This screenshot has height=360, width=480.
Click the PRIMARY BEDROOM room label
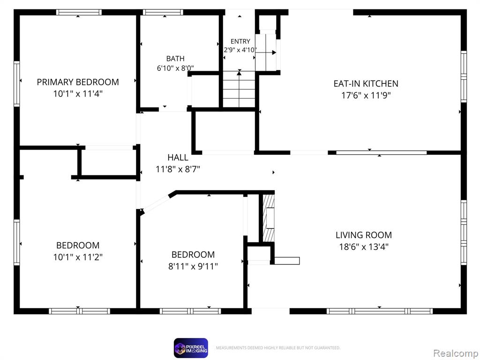pos(78,82)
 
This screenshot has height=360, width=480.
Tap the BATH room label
pos(175,59)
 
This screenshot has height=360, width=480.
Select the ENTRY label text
pos(240,41)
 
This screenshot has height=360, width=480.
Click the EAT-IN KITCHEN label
pos(366,83)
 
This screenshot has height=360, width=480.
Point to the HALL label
pos(178,157)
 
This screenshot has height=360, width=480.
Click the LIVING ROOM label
pos(364,235)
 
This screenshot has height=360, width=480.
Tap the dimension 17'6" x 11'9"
pos(366,95)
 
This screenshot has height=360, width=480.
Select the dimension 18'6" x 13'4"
pos(364,247)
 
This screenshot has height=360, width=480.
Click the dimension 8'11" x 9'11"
pos(193,266)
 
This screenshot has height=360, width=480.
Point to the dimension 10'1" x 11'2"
pos(78,257)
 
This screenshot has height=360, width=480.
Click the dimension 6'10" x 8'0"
pos(175,68)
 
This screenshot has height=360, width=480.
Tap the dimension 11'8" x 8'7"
pos(178,169)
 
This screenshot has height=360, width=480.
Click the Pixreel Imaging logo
pos(191,348)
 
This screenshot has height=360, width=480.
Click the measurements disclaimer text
pos(278,348)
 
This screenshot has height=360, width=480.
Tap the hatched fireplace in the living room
pos(269,217)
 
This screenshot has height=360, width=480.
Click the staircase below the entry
pos(239,89)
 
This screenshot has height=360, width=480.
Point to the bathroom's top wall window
pos(163,12)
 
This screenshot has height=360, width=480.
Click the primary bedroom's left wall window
pos(16,84)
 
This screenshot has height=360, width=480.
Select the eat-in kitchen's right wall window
pos(464,76)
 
